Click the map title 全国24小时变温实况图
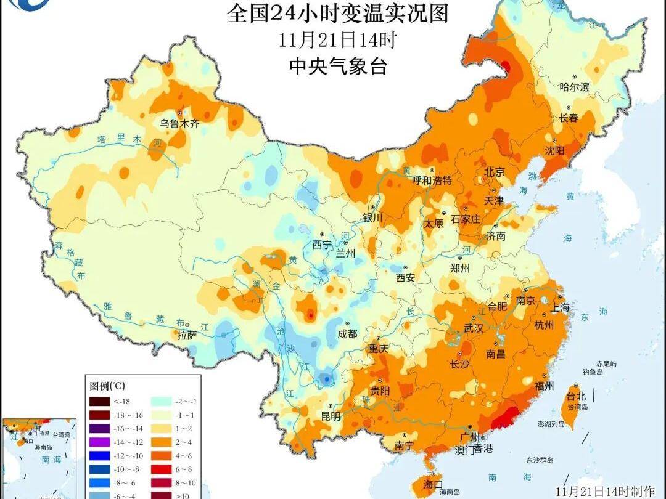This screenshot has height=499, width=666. pyautogui.click(x=337, y=13)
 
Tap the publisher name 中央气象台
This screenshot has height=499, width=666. pyautogui.click(x=337, y=67)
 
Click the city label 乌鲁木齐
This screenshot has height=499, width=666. pyautogui.click(x=180, y=123)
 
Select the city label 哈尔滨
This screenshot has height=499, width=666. pyautogui.click(x=573, y=87)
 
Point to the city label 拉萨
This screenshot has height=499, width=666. pyautogui.click(x=187, y=336)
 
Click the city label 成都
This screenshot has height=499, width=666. pyautogui.click(x=348, y=333)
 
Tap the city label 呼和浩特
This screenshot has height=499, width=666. pyautogui.click(x=432, y=181)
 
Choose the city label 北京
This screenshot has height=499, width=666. pyautogui.click(x=495, y=172)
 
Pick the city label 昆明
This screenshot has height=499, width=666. pyautogui.click(x=331, y=416)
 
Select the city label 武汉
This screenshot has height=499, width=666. pyautogui.click(x=474, y=328)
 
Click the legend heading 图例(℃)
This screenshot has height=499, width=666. pyautogui.click(x=107, y=386)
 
